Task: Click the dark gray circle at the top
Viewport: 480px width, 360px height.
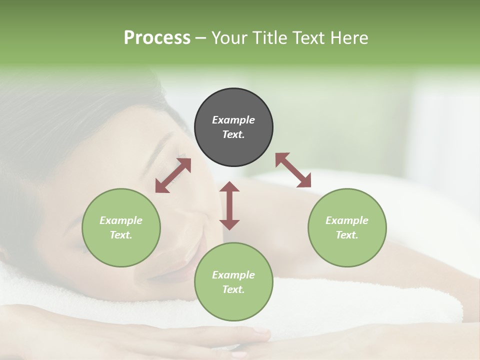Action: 233,127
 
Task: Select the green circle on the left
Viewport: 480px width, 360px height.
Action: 121,227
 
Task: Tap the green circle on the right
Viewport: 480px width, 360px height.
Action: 347,227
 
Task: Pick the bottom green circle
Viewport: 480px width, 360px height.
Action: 233,282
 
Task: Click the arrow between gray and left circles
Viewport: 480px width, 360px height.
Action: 173,175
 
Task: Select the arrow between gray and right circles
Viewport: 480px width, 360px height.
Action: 293,170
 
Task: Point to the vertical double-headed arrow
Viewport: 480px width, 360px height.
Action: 229,205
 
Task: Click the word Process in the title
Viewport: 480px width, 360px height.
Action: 157,38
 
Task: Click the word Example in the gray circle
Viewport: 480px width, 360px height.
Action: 233,120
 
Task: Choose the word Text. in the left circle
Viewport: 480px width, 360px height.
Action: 121,235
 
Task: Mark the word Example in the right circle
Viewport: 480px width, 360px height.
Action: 347,220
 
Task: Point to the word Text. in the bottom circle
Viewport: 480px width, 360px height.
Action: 233,289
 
